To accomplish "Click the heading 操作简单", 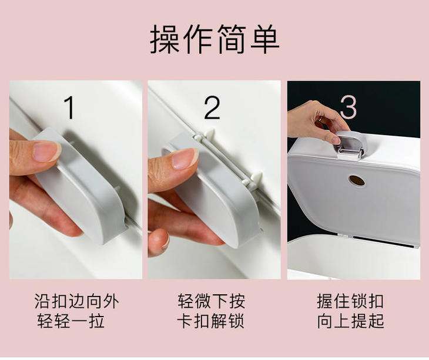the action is click(214, 39).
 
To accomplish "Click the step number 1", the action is click(69, 107).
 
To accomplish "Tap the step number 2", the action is click(212, 107).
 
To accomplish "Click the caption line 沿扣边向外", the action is click(76, 301).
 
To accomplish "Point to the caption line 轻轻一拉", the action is click(71, 321).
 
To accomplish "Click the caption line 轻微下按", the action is click(211, 301).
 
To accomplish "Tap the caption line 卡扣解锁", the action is click(210, 321).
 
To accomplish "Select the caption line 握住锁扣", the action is click(350, 301).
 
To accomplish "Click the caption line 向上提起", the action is click(350, 321).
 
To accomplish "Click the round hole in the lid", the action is click(357, 180).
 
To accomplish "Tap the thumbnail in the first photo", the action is click(46, 151).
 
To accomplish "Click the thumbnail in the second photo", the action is click(185, 158).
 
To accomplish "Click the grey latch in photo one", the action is click(82, 186).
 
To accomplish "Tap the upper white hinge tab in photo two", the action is click(209, 134).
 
